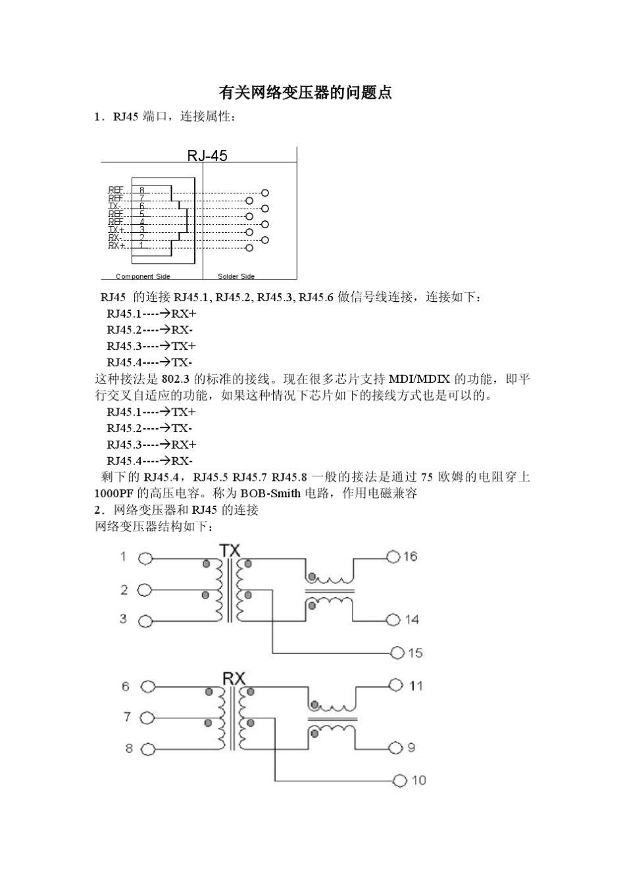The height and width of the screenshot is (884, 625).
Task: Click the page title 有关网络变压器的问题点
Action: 305,93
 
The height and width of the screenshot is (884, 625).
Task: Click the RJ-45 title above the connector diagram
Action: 207,155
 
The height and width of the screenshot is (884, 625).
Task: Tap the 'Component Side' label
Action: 143,276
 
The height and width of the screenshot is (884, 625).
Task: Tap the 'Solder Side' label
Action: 236,276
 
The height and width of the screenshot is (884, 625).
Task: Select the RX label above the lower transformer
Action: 233,679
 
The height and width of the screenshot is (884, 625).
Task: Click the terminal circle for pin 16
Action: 393,556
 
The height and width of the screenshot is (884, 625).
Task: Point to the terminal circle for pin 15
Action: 397,652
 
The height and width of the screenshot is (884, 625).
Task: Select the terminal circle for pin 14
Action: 393,620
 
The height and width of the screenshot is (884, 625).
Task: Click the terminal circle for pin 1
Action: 145,558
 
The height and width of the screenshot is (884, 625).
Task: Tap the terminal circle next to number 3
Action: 145,620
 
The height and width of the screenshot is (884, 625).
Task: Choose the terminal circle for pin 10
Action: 400,781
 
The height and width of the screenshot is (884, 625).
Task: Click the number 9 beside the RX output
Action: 412,748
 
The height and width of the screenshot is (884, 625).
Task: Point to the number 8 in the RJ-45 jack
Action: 141,190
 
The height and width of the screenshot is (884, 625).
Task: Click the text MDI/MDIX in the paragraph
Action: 419,380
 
